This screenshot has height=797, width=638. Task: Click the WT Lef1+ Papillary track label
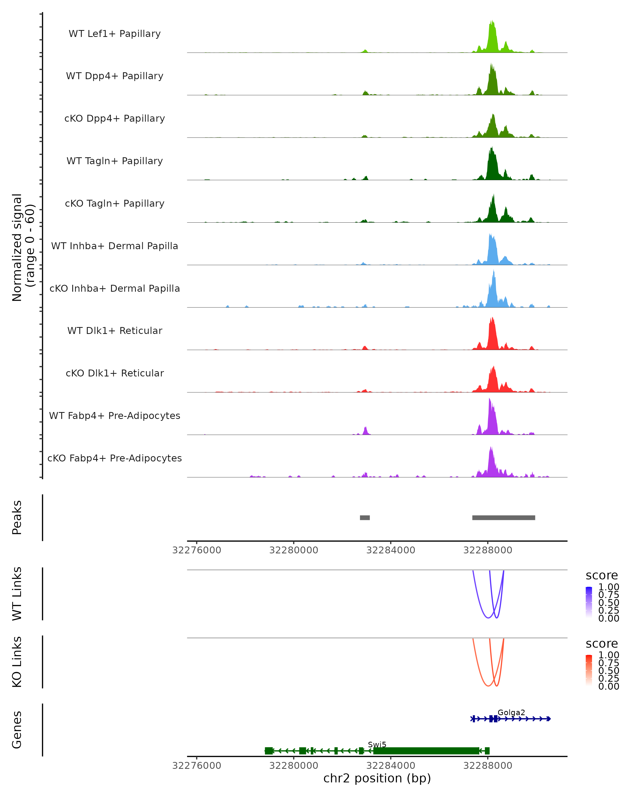pos(115,34)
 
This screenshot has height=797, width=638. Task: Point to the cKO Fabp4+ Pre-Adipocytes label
pos(115,458)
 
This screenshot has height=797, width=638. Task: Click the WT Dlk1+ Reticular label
pos(115,330)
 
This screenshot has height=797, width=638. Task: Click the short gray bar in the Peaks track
pos(365,518)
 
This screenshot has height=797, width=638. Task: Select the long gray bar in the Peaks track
pos(503,518)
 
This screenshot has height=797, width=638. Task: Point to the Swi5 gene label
pos(377,744)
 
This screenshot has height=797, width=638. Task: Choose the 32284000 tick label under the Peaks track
pos(391,550)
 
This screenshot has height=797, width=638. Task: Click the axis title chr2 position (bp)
pos(377,778)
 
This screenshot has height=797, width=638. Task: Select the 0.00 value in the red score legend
pos(608,686)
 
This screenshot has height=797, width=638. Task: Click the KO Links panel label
pos(17,662)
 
